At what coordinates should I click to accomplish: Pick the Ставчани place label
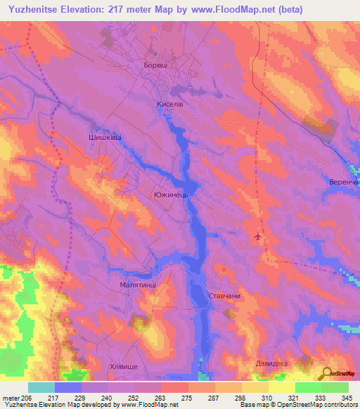tap(224, 296)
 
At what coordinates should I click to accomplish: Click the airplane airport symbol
tap(259, 238)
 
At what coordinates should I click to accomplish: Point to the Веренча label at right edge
tap(344, 182)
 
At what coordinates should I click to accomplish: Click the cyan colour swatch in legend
tap(41, 387)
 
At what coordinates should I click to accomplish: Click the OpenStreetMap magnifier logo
tap(327, 373)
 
